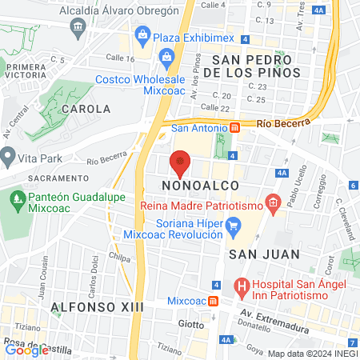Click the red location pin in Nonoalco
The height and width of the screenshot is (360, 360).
pos(181,164)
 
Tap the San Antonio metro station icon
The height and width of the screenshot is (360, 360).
pos(234,126)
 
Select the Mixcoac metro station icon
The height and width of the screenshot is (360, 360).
pos(214,301)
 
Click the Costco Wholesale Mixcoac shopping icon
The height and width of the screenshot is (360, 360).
pos(166,56)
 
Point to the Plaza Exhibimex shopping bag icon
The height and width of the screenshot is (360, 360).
pos(142,34)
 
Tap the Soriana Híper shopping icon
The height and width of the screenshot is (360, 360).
pos(233,226)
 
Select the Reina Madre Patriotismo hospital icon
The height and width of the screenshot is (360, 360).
pos(273,205)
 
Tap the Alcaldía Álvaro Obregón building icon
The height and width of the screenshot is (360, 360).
pos(78,28)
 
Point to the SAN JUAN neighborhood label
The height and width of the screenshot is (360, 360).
pos(264,254)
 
